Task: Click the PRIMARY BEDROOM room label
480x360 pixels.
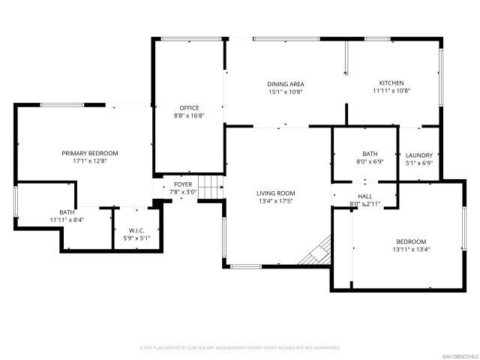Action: tap(90, 153)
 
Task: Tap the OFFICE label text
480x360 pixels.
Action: tap(189, 108)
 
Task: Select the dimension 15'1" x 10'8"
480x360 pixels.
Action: tap(286, 92)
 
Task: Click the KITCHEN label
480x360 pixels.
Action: tap(391, 83)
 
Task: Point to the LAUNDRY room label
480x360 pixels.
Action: tap(418, 155)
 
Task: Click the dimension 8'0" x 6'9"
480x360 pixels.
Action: tap(370, 161)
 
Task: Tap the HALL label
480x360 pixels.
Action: tap(365, 196)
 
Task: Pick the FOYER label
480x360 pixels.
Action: tap(183, 184)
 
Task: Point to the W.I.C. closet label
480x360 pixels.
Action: tap(136, 230)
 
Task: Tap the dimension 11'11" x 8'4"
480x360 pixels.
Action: tap(67, 220)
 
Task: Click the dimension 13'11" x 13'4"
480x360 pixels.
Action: tap(411, 250)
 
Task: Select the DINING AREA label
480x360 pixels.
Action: tap(286, 84)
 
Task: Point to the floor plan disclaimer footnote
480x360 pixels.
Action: tap(240, 348)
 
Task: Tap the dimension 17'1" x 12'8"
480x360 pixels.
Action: tap(90, 161)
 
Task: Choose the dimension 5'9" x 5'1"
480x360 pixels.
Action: tap(136, 238)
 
